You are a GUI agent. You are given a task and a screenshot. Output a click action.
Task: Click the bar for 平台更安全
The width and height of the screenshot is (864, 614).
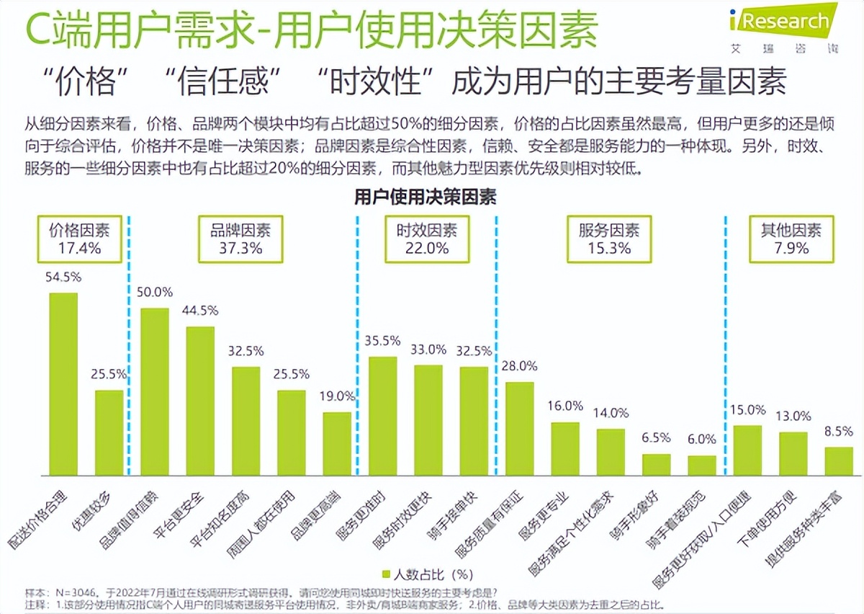click(x=200, y=401)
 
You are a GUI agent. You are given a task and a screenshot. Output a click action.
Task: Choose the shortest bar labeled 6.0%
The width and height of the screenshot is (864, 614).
click(x=701, y=466)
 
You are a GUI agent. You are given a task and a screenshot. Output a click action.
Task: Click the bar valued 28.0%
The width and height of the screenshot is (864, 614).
click(x=519, y=428)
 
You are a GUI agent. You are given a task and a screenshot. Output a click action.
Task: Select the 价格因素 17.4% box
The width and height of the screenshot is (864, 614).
click(x=79, y=239)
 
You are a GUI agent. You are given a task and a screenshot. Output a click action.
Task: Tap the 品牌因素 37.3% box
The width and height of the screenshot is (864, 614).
click(x=240, y=239)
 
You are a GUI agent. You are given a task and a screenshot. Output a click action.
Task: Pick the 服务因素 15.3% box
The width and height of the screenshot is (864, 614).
click(x=608, y=239)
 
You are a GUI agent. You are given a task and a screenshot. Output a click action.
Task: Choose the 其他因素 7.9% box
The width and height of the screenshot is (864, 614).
click(x=791, y=239)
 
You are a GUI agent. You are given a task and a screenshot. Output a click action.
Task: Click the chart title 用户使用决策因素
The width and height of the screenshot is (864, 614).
click(x=425, y=197)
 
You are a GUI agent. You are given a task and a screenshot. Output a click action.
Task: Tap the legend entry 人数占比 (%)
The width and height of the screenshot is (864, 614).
click(x=425, y=575)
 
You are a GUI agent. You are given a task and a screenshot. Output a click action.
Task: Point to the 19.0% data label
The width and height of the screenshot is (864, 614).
click(x=337, y=396)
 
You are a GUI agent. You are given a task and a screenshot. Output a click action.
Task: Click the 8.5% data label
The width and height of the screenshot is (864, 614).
click(x=838, y=431)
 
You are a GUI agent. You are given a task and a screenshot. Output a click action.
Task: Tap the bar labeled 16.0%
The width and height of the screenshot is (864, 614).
click(x=564, y=448)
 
